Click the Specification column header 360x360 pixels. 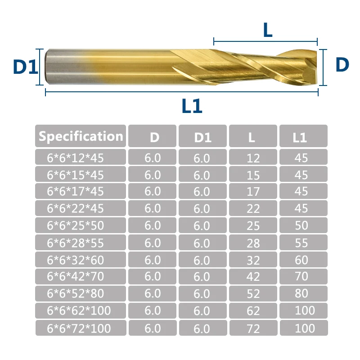click(81, 136)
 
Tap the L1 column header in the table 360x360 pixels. click(300, 138)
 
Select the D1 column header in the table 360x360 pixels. click(203, 138)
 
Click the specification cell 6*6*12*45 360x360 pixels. click(75, 158)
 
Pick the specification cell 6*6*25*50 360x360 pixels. click(75, 225)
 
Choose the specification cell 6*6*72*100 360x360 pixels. click(79, 328)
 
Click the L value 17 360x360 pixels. click(253, 192)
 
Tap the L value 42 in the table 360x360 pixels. click(253, 276)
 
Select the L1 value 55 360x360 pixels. click(301, 243)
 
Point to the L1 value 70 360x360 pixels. click(301, 276)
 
